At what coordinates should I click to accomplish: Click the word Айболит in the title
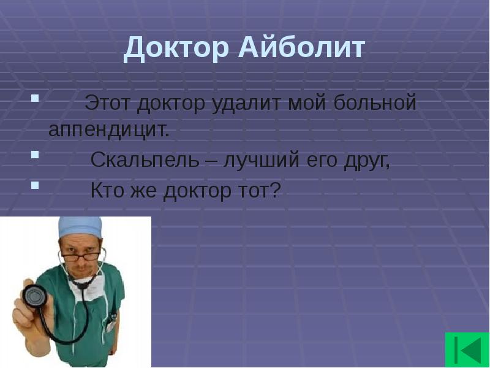[300, 48]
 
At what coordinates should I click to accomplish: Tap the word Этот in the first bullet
[108, 102]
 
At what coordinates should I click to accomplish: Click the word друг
[365, 161]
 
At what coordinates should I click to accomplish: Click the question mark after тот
[274, 191]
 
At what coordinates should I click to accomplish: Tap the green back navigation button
[467, 350]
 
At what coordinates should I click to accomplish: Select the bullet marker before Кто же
[35, 184]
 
